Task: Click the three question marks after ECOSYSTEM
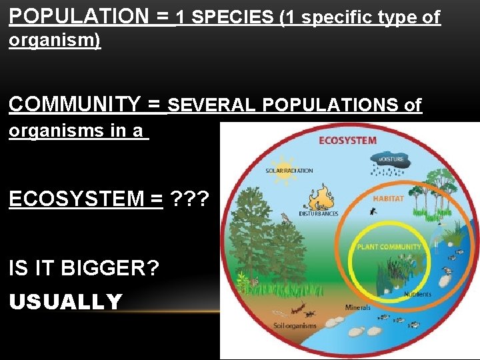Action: click(x=190, y=199)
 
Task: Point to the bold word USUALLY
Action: click(x=65, y=302)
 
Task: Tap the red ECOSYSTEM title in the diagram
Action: click(x=347, y=141)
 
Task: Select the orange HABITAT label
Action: click(x=388, y=199)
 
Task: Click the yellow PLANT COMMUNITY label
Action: click(x=389, y=247)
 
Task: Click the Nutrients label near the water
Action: click(x=417, y=294)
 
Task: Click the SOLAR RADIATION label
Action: click(x=289, y=171)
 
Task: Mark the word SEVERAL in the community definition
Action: click(x=213, y=105)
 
